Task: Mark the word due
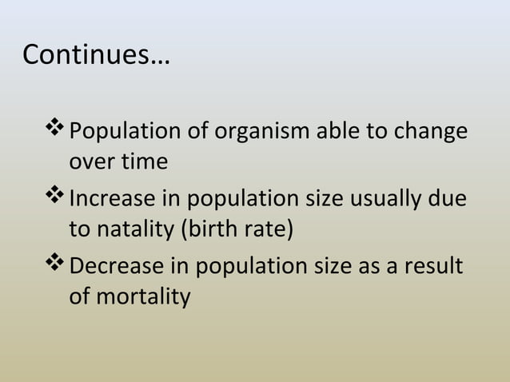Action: point(449,197)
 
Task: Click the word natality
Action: point(137,231)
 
